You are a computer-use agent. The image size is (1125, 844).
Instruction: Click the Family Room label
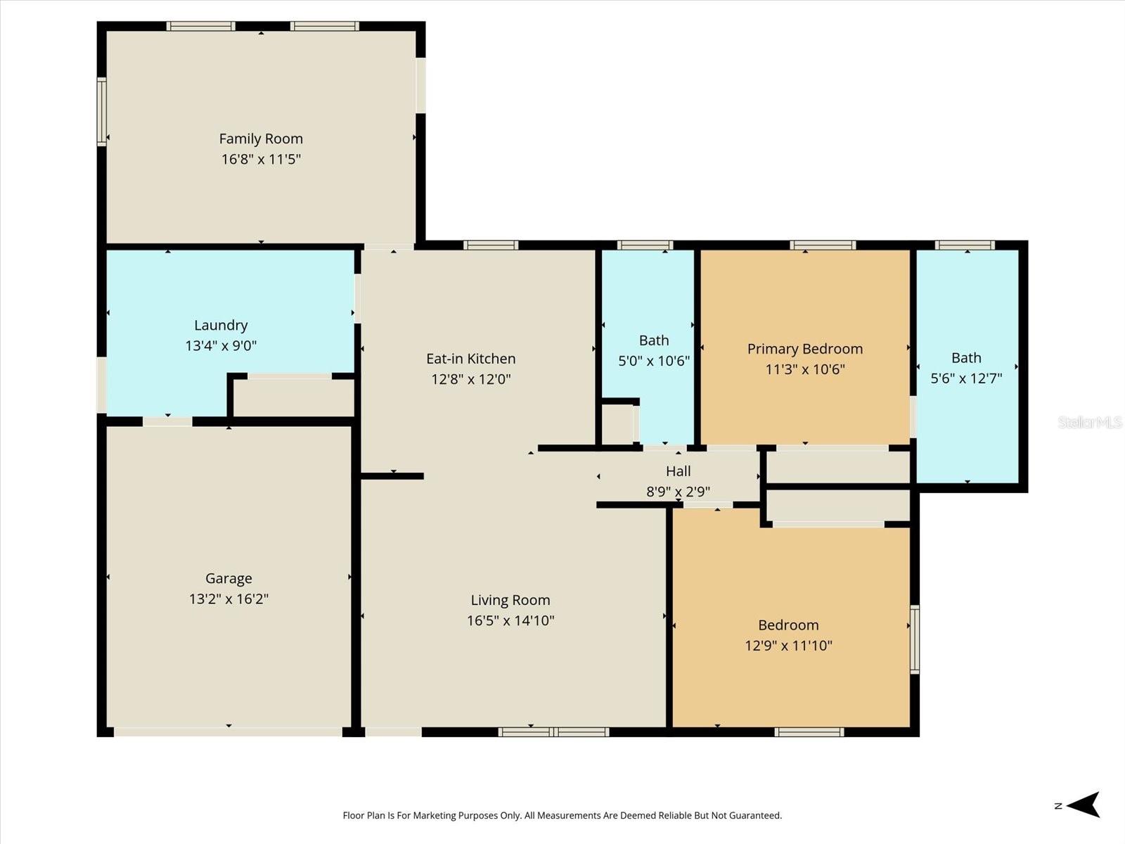tap(261, 139)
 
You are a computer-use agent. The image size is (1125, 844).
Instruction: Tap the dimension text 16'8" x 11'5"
tap(261, 159)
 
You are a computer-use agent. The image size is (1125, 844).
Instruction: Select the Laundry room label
tap(221, 325)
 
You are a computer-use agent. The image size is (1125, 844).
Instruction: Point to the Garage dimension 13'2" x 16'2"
tap(229, 599)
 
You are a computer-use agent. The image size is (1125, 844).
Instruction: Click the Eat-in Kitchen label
tap(470, 359)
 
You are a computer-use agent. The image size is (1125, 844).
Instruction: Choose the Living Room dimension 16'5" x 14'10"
tap(510, 620)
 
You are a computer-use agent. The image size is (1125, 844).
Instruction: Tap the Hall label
tap(678, 471)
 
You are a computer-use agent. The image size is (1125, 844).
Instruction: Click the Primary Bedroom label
tap(804, 349)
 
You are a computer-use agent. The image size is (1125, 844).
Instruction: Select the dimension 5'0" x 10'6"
tap(653, 362)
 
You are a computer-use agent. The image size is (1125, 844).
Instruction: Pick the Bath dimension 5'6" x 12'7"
tap(966, 378)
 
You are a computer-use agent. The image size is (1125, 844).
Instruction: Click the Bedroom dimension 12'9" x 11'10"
tap(788, 646)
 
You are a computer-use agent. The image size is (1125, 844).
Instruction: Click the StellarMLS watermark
tap(1089, 422)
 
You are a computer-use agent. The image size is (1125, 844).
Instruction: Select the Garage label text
tap(229, 578)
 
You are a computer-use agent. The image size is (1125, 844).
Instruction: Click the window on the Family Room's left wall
tap(102, 111)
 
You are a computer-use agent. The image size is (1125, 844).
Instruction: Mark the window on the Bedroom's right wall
tap(915, 639)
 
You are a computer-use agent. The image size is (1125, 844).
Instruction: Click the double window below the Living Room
tap(553, 732)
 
